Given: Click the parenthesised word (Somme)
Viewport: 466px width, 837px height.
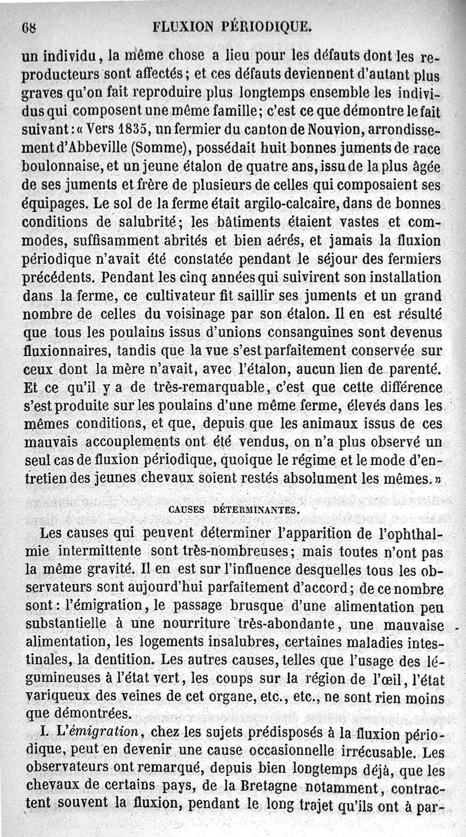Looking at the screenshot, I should pos(154,148).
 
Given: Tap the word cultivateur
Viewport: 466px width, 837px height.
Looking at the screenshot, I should pos(188,296).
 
